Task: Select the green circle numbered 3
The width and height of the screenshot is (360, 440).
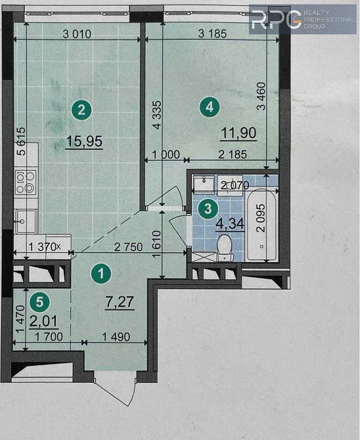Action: pyautogui.click(x=208, y=209)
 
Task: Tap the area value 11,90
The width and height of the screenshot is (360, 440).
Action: pyautogui.click(x=237, y=133)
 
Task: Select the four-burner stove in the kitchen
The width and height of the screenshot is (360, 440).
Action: pyautogui.click(x=25, y=183)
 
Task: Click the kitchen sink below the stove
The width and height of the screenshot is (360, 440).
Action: pyautogui.click(x=25, y=221)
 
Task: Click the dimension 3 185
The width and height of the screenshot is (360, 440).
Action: pyautogui.click(x=210, y=35)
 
